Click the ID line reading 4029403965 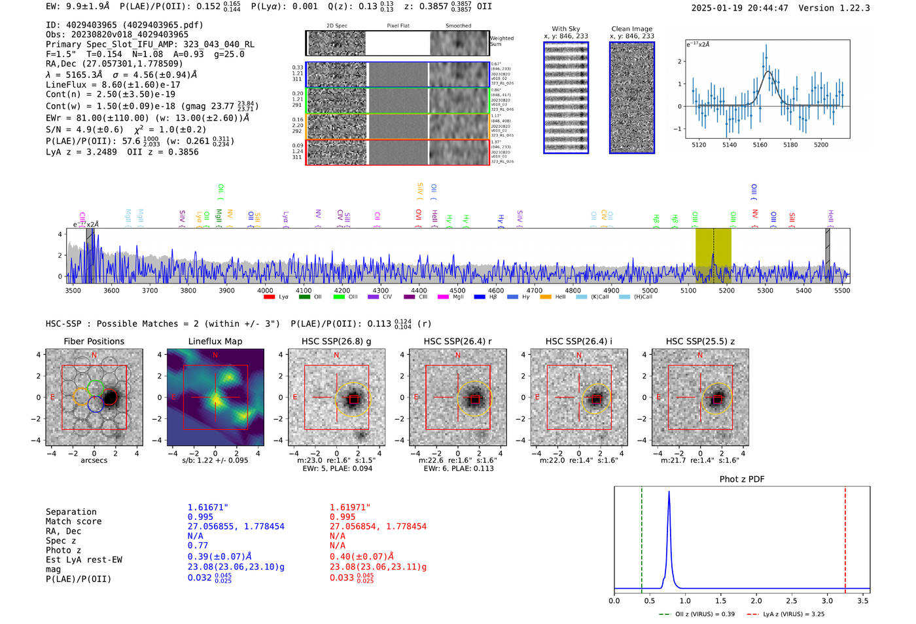[124, 25]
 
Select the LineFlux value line [113, 84]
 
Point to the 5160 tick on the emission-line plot [760, 145]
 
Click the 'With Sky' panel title [566, 29]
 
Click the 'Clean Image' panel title [631, 29]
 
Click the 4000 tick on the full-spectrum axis [265, 291]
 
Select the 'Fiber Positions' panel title [94, 341]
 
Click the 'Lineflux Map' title [215, 341]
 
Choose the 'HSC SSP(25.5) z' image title [700, 341]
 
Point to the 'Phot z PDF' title [742, 479]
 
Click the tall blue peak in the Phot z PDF [669, 498]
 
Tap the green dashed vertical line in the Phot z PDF [642, 537]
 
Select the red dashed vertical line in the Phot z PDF [845, 537]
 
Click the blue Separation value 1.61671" [207, 507]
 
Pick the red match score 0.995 [342, 517]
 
